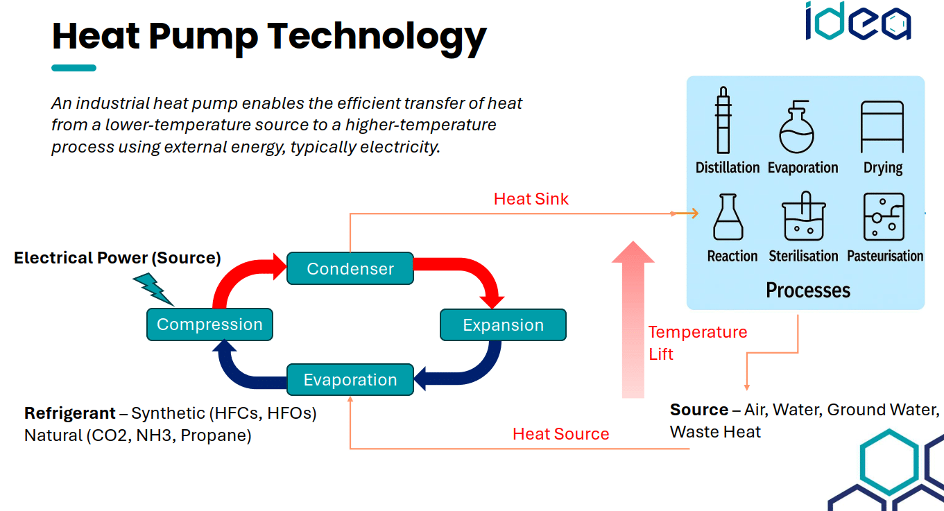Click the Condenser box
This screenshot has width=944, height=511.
[x=350, y=268]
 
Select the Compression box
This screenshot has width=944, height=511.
[x=209, y=324]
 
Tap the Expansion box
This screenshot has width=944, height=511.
[x=503, y=325]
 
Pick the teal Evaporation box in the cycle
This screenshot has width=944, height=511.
[x=350, y=380]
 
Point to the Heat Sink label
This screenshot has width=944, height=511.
[x=531, y=199]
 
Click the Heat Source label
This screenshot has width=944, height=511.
[x=560, y=434]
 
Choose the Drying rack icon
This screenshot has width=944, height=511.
[x=882, y=126]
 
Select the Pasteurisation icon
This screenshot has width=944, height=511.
[x=884, y=217]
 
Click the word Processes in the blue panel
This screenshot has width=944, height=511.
[x=808, y=290]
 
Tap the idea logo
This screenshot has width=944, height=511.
[x=857, y=22]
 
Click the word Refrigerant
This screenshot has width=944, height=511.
[x=69, y=413]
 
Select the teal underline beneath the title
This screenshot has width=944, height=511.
[x=74, y=68]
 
